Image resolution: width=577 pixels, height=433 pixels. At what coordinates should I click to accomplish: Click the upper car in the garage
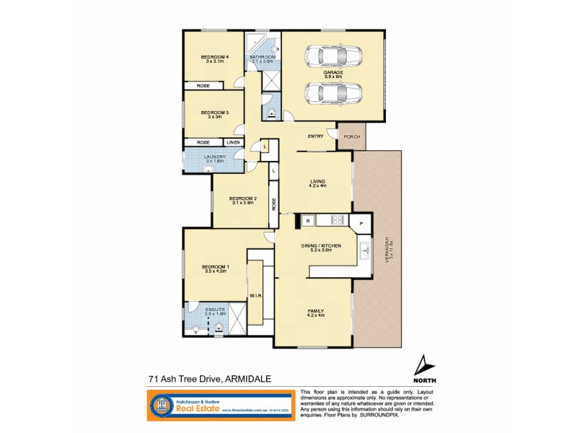(332, 55)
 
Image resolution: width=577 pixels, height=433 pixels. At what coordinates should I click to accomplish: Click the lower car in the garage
(332, 92)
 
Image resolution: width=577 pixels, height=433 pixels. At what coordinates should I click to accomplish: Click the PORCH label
(351, 136)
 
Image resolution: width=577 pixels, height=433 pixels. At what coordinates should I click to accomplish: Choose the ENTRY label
(315, 136)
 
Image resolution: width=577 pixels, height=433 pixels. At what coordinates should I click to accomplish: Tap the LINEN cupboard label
(233, 142)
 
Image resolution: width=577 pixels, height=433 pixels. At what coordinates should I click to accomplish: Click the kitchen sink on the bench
(364, 251)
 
